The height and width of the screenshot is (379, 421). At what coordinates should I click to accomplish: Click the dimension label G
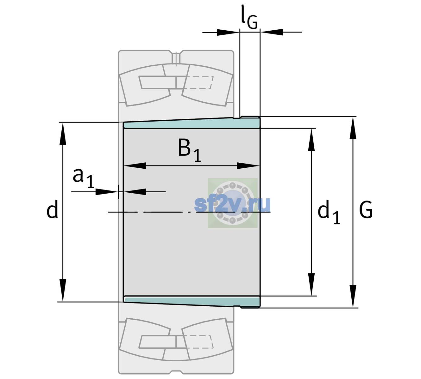click(366, 210)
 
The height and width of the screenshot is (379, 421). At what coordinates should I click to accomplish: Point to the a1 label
click(83, 178)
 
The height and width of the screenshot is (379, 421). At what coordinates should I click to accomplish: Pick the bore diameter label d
click(52, 209)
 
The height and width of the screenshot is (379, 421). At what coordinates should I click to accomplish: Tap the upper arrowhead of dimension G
click(353, 128)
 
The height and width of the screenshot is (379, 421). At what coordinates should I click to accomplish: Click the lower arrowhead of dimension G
click(353, 296)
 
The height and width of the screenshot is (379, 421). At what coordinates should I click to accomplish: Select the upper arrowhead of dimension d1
click(311, 140)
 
